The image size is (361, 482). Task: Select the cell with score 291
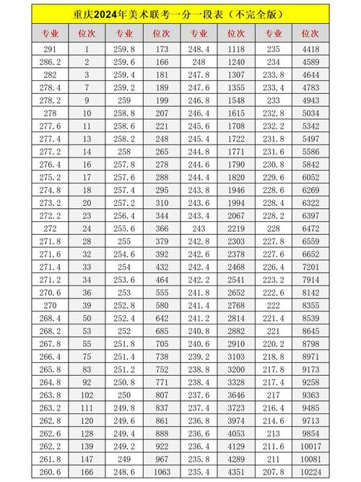click(50, 48)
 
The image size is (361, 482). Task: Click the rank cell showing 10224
click(310, 471)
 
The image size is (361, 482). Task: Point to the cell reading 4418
click(310, 48)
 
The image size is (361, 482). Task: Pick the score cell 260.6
click(50, 471)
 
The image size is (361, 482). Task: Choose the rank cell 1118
click(235, 48)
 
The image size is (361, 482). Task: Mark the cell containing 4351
click(235, 471)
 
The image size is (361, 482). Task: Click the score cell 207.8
click(272, 471)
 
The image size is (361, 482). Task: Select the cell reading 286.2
click(50, 61)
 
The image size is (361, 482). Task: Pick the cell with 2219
click(235, 228)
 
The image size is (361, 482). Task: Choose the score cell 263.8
click(50, 395)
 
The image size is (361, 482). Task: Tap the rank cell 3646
click(235, 395)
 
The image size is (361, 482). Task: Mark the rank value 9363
click(310, 395)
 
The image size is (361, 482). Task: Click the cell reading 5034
click(310, 113)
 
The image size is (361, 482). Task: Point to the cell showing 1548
click(235, 100)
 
